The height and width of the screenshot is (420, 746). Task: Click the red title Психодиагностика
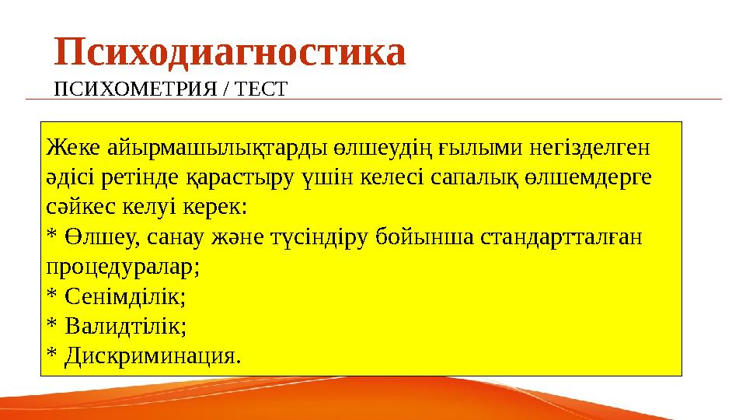[x=230, y=52]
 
